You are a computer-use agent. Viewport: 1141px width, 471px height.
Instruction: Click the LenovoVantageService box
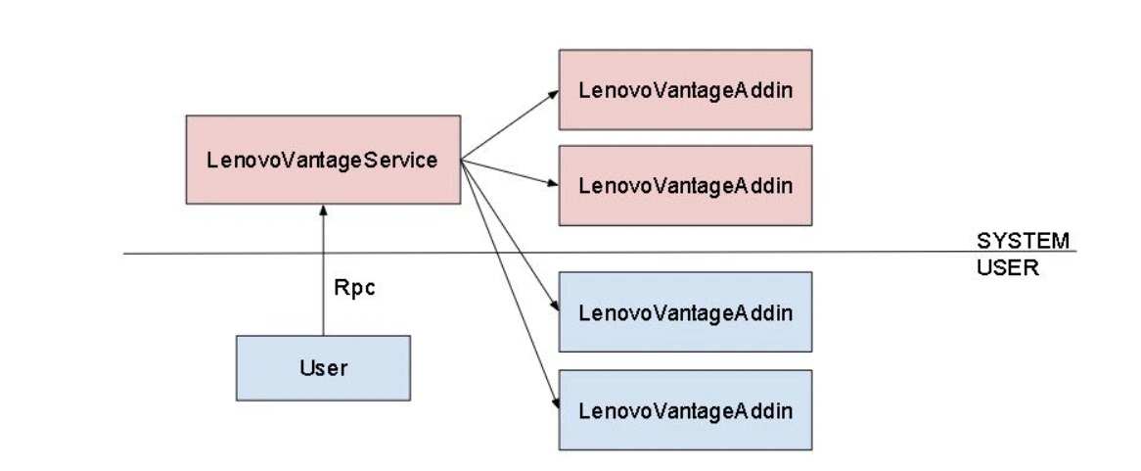pos(323,160)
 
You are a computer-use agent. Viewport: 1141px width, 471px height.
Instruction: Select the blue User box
pos(323,367)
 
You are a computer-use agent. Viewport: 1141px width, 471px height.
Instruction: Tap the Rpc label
pos(354,288)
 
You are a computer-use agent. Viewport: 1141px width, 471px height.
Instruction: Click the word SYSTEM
pos(1023,241)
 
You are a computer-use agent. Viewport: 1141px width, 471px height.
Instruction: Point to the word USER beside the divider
pos(1007,267)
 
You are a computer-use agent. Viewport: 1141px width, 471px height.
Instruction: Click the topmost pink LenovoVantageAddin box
pos(685,89)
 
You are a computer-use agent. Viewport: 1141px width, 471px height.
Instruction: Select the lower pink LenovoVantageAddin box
pos(685,186)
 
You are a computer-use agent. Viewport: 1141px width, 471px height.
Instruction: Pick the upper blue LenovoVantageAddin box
pos(685,312)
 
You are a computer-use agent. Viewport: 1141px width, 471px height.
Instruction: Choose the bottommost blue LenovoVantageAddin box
pos(685,410)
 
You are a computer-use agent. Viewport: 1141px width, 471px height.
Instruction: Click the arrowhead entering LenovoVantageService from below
pos(323,210)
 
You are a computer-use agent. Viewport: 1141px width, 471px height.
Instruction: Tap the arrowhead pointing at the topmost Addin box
pos(554,93)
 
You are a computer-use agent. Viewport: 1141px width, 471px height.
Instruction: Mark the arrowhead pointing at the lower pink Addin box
pos(554,183)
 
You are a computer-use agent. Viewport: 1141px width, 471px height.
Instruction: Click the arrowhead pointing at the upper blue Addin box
pos(555,306)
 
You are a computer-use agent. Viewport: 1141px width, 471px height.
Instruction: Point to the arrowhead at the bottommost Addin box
pos(556,403)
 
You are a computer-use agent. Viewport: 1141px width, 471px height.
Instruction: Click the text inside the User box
pos(323,367)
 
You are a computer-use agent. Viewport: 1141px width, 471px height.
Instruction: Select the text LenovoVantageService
pos(322,161)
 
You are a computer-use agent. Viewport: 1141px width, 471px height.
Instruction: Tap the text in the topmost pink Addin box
pos(685,90)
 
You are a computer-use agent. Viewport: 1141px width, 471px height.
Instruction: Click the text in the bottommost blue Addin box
pos(685,410)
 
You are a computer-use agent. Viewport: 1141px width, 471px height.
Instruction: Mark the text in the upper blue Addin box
pos(685,313)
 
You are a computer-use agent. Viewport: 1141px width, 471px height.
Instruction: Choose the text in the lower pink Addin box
pos(685,186)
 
